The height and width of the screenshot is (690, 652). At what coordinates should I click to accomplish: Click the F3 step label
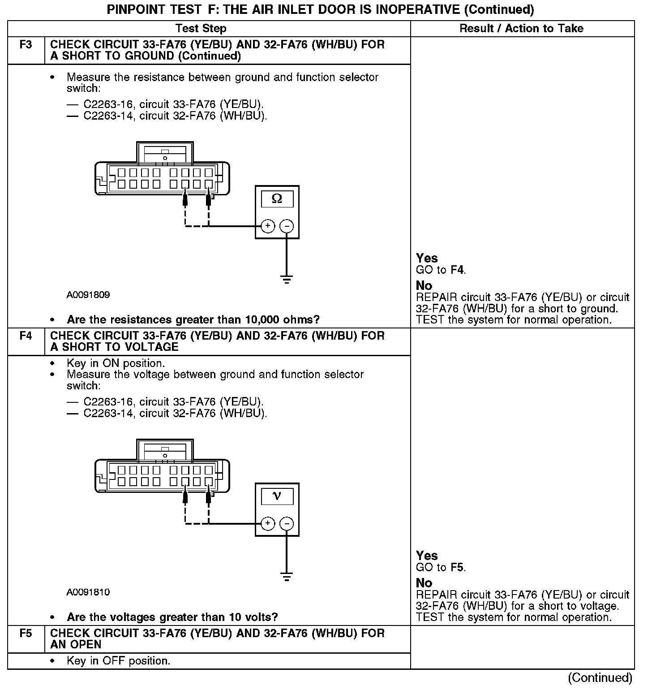[26, 45]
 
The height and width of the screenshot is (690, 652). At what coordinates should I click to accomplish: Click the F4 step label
[26, 336]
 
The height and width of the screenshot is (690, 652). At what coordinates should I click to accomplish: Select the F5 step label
[26, 633]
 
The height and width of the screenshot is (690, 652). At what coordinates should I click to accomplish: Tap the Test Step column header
[201, 29]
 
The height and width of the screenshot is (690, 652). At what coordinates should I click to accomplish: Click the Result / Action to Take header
[522, 29]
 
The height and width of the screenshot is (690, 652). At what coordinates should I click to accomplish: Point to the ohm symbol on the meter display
[277, 199]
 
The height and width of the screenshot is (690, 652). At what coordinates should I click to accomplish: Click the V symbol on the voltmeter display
[277, 496]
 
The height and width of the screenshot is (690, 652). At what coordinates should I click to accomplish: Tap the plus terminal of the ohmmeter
[268, 226]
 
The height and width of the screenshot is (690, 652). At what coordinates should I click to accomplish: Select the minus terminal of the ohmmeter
[287, 226]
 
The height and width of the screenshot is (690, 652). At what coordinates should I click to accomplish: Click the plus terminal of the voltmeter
[268, 523]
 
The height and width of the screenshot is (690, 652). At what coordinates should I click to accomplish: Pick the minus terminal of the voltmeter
[287, 523]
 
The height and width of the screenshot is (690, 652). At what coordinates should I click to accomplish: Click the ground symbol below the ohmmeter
[287, 280]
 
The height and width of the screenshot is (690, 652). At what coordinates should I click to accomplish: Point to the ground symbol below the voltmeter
[287, 577]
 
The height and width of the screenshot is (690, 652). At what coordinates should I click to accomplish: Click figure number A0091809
[88, 295]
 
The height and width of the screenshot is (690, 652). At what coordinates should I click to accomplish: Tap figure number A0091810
[88, 592]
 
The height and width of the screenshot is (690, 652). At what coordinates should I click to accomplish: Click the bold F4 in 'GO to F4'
[457, 270]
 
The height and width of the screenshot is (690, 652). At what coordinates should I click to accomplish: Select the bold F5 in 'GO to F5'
[457, 567]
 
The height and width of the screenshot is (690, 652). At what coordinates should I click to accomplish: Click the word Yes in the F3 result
[427, 258]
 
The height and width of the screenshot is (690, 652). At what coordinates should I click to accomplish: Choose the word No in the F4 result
[424, 583]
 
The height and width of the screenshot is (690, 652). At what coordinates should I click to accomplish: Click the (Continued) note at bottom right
[600, 678]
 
